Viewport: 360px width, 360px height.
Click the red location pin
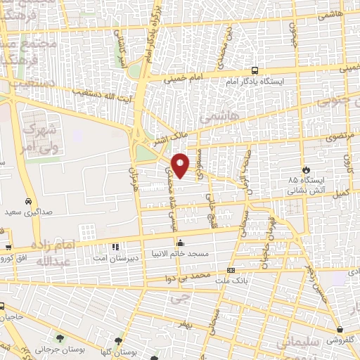pyautogui.click(x=181, y=165)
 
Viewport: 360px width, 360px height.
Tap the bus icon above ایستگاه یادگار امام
pyautogui.click(x=255, y=71)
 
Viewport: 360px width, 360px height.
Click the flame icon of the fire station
pyautogui.click(x=306, y=169)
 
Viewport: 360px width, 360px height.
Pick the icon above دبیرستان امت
pyautogui.click(x=115, y=245)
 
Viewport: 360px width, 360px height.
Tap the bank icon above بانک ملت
pyautogui.click(x=231, y=271)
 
